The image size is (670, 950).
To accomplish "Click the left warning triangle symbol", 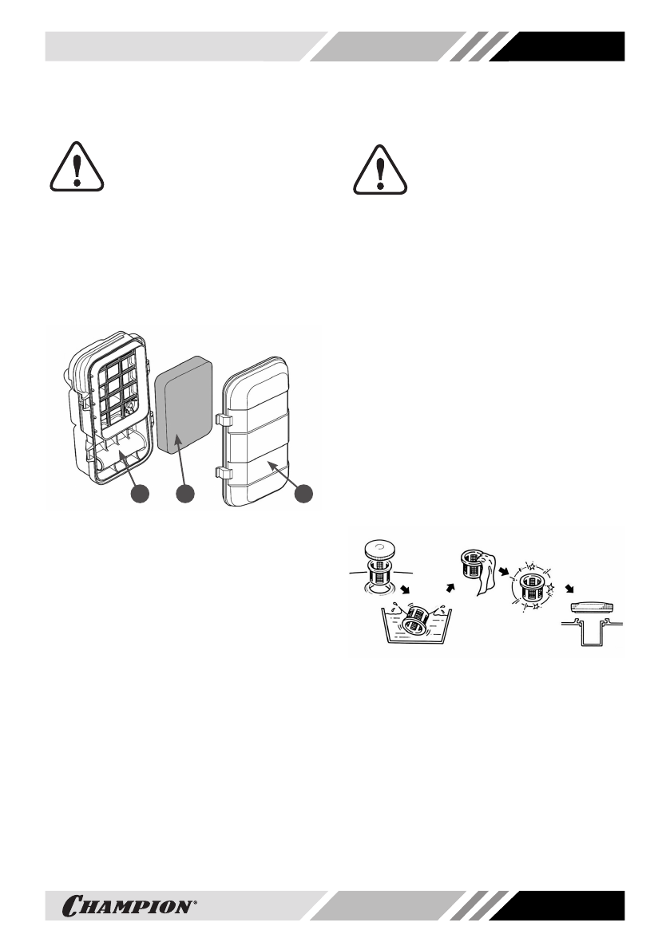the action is [x=73, y=169].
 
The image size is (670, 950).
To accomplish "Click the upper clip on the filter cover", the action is [x=223, y=419].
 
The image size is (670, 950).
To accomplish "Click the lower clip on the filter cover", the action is [x=223, y=476].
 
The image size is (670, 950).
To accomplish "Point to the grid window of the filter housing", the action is [x=121, y=387].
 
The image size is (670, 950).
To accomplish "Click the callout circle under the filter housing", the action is [x=141, y=495].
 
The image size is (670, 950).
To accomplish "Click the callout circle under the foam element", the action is [x=184, y=495].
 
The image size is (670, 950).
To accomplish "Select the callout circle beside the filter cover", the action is [x=303, y=495].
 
